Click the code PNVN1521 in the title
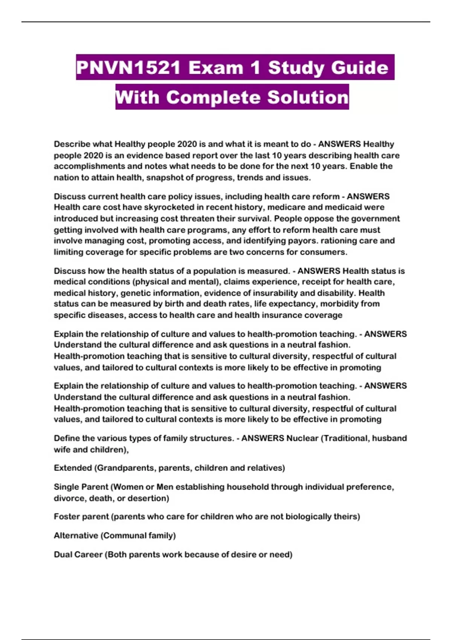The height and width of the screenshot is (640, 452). pos(128,68)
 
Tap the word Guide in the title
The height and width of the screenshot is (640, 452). pos(361,68)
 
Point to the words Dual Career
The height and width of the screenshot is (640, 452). pos(78,555)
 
